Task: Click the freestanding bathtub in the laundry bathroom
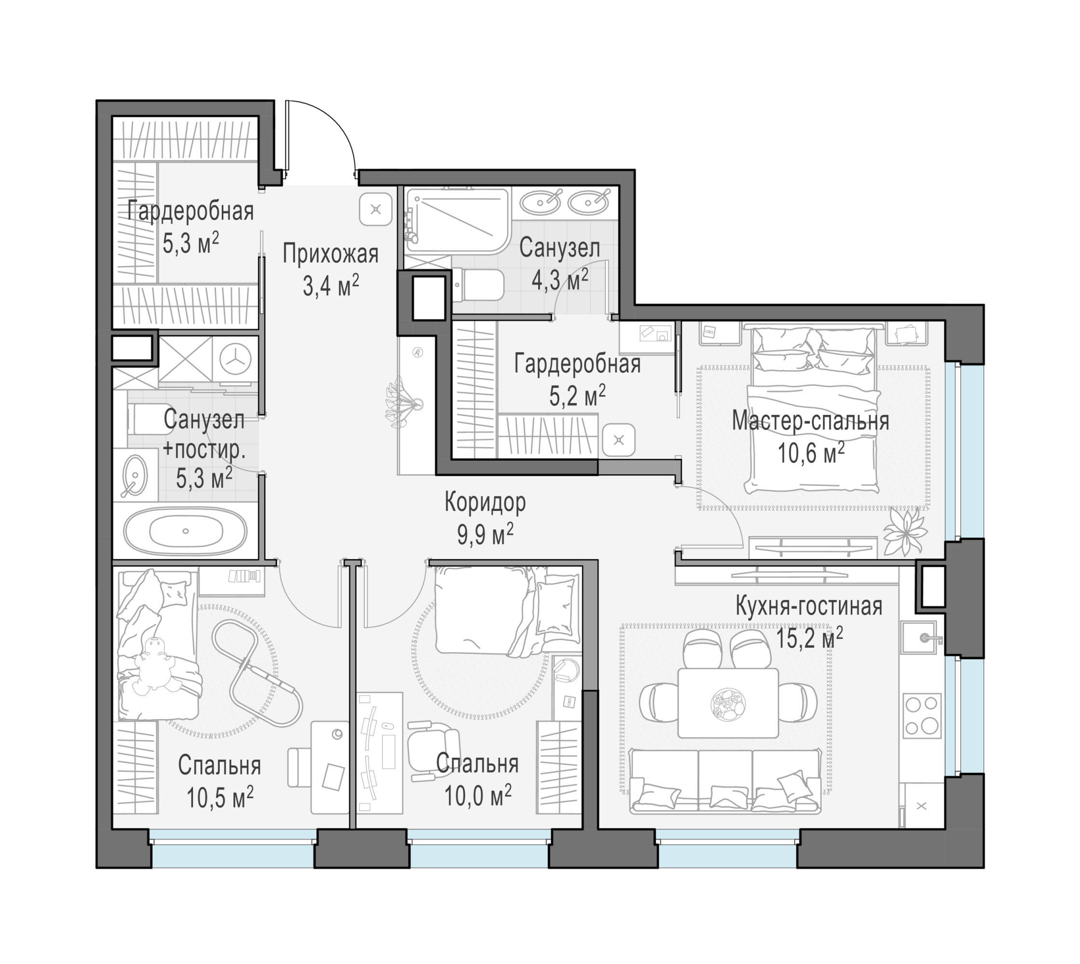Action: [185, 531]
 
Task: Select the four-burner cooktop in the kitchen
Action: [921, 715]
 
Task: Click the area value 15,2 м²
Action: [809, 638]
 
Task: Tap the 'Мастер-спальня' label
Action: [810, 421]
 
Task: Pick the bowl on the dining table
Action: [728, 704]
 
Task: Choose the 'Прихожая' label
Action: [330, 254]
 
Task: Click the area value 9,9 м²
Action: [485, 536]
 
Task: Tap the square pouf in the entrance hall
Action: [376, 209]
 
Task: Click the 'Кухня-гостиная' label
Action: [809, 606]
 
